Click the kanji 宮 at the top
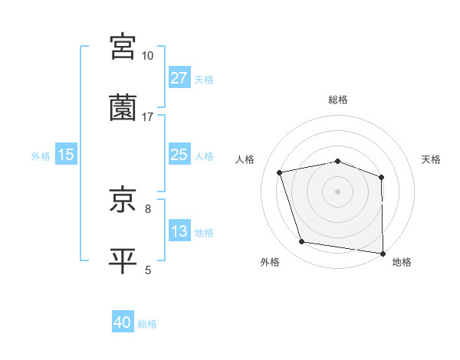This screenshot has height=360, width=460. [123, 46]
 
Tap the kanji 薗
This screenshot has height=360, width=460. [123, 107]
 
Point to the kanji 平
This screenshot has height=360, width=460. [123, 260]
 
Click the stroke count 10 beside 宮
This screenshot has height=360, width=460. [147, 56]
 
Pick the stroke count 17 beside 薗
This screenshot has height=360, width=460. [147, 117]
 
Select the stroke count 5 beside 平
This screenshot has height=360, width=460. [148, 270]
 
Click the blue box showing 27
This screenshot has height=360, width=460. [179, 78]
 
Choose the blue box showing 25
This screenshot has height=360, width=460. [179, 155]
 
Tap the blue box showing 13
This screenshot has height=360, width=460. [179, 231]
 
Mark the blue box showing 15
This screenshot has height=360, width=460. [66, 155]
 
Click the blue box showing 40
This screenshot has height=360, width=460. [123, 323]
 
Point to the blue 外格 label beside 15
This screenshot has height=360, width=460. [41, 156]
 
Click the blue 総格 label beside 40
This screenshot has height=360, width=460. [147, 325]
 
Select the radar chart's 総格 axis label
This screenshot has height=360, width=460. [338, 100]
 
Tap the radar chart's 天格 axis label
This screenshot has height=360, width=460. [432, 159]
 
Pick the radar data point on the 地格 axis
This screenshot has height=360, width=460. [383, 253]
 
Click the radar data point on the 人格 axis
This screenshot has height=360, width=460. [280, 172]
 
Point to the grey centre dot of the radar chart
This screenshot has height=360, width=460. [338, 191]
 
